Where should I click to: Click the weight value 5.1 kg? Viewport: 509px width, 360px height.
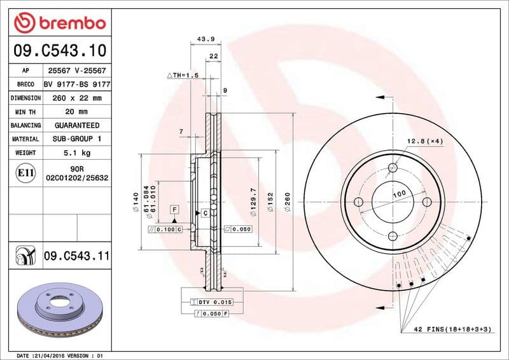click(77, 153)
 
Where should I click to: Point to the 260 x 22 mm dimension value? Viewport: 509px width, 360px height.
click(77, 98)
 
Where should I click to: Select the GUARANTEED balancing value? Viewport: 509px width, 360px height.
click(77, 125)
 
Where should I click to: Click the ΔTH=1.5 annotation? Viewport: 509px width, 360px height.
click(183, 75)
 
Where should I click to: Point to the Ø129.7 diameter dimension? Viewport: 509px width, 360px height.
click(254, 200)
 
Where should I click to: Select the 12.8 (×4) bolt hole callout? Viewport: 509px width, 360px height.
click(424, 141)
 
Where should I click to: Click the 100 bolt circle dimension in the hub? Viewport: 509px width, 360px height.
click(399, 193)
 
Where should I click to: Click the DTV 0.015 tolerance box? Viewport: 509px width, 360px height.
click(213, 301)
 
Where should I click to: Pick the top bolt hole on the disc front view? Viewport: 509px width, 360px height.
click(393, 168)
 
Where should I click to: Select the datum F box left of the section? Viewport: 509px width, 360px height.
click(174, 209)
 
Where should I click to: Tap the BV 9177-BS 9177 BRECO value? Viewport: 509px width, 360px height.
click(77, 84)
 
